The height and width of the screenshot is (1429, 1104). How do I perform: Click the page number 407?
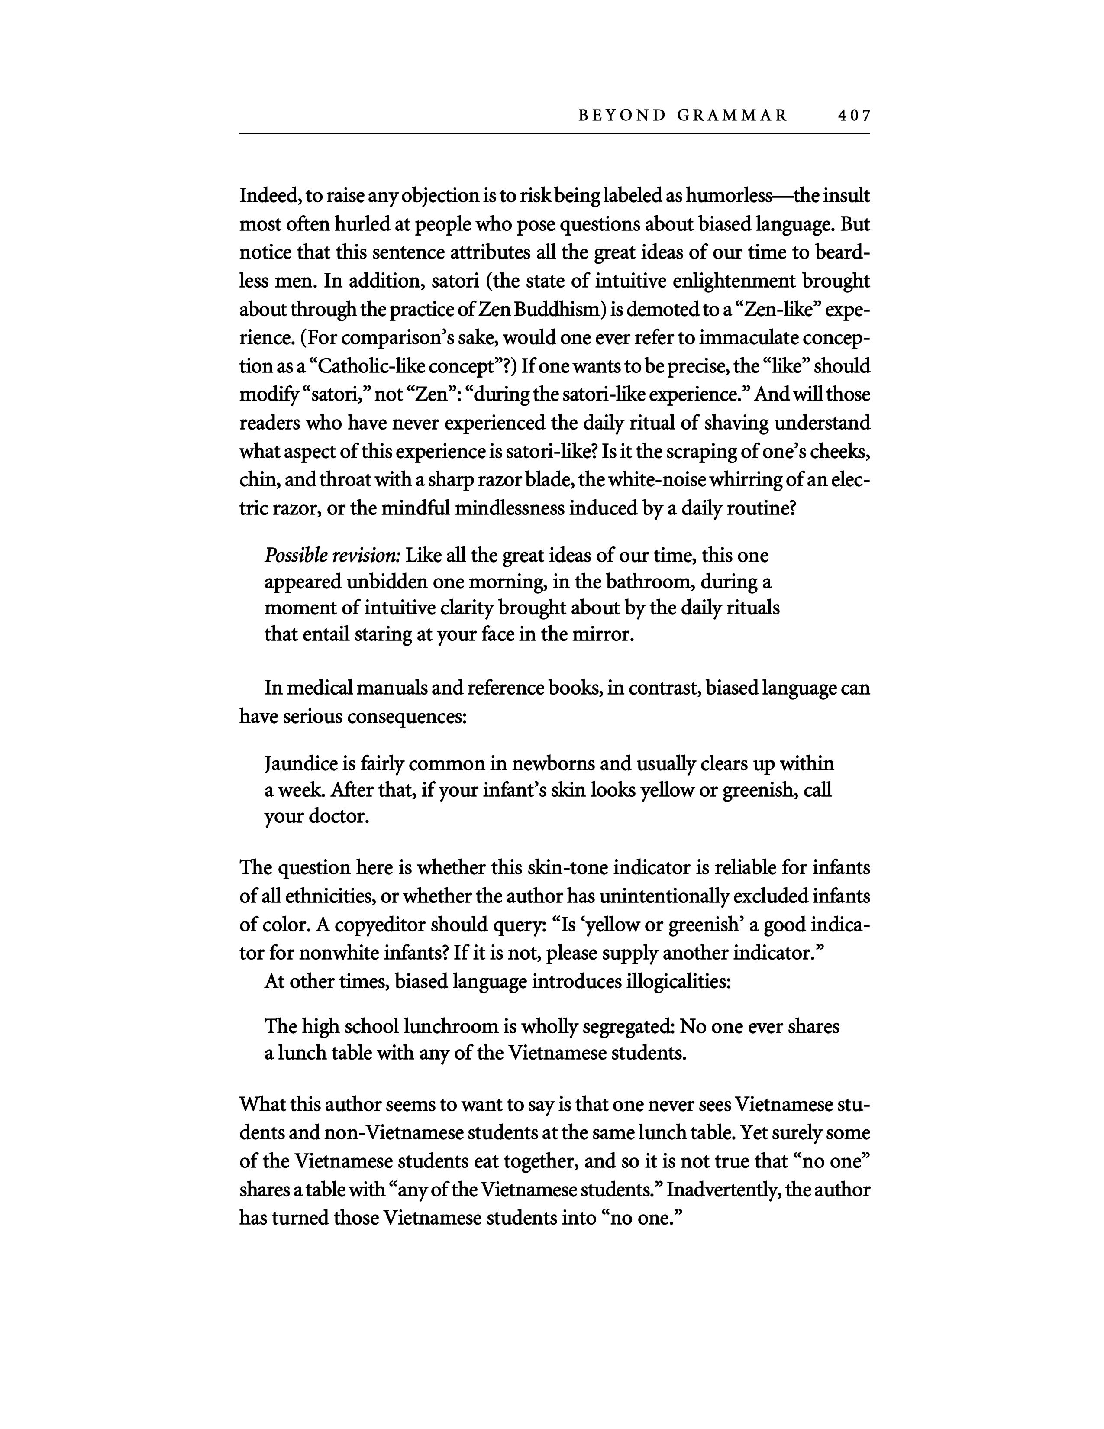click(x=853, y=116)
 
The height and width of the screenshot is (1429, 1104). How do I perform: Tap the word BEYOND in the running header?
click(x=621, y=116)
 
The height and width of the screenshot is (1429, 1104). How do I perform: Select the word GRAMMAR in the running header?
click(x=733, y=116)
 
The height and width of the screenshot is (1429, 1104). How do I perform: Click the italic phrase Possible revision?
click(x=332, y=556)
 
